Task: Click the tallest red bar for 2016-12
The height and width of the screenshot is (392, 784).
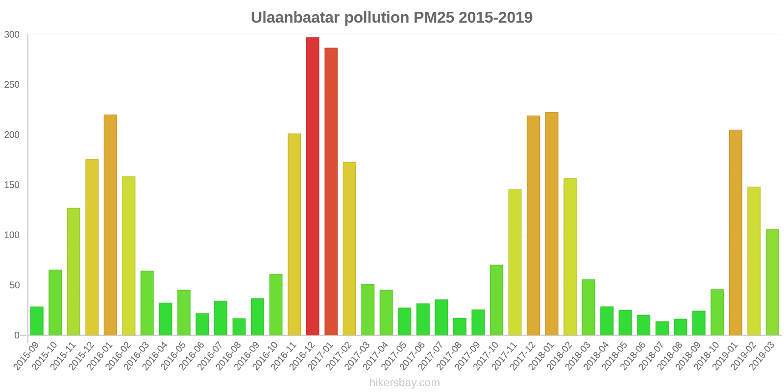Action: pyautogui.click(x=313, y=186)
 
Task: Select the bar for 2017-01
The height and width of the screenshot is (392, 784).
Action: pyautogui.click(x=331, y=191)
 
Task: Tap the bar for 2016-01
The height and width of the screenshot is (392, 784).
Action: pyautogui.click(x=110, y=225)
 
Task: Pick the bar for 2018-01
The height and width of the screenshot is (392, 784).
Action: pyautogui.click(x=552, y=223)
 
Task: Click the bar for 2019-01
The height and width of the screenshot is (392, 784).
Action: pyautogui.click(x=735, y=232)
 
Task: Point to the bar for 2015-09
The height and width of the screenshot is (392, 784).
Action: pyautogui.click(x=37, y=321)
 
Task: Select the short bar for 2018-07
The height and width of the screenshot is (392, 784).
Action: pyautogui.click(x=662, y=328)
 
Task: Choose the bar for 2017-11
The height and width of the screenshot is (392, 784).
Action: pyautogui.click(x=515, y=262)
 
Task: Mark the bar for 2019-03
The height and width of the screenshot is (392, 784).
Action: pyautogui.click(x=772, y=282)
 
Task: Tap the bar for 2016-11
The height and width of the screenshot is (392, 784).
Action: pyautogui.click(x=294, y=234)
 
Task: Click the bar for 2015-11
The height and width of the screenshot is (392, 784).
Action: pyautogui.click(x=73, y=271)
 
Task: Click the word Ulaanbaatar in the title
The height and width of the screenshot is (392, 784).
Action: pyautogui.click(x=295, y=18)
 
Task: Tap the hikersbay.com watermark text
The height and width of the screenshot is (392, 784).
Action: pyautogui.click(x=405, y=383)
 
